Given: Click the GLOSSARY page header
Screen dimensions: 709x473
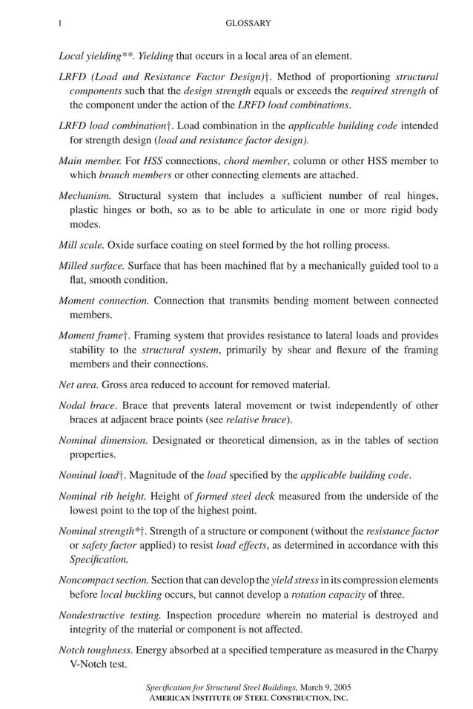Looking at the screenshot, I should (248, 24).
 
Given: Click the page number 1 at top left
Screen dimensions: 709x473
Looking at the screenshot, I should (59, 24).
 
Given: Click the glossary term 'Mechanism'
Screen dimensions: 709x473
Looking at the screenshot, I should (85, 196).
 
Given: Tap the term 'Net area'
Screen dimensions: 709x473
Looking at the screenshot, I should (78, 385).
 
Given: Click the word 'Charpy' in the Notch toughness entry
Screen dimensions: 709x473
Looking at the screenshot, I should (422, 650).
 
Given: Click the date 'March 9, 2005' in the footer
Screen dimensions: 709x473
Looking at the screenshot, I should (325, 687).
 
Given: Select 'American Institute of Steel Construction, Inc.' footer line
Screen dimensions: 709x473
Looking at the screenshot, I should (248, 698).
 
